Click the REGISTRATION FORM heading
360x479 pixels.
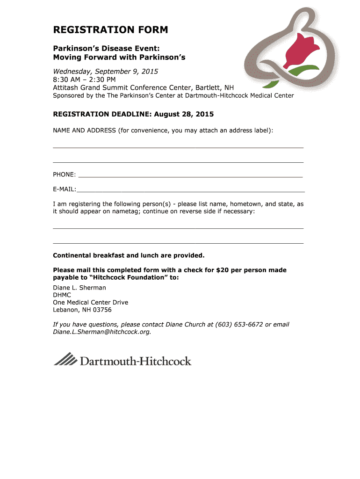click(110, 30)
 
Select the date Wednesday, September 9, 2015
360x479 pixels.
click(106, 72)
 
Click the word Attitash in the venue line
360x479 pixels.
click(67, 87)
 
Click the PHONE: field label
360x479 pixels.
click(65, 174)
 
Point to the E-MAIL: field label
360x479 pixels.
click(65, 189)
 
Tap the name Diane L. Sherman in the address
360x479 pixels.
click(79, 288)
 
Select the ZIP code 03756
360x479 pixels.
click(103, 310)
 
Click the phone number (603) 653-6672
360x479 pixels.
click(239, 324)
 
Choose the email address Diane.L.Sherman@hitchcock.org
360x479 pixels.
click(101, 332)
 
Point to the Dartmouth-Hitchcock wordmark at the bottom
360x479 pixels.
click(136, 361)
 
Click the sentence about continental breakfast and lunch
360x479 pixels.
click(129, 255)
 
